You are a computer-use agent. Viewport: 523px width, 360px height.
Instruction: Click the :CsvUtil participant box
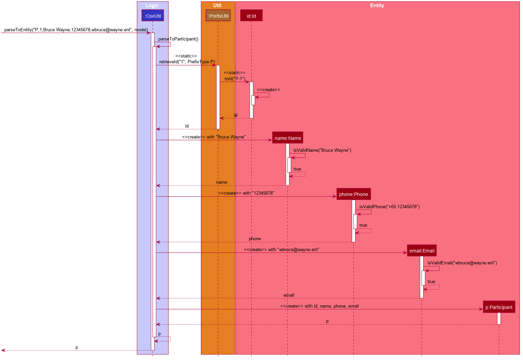(153, 15)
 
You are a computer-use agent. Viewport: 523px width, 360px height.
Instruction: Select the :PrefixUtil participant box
(218, 15)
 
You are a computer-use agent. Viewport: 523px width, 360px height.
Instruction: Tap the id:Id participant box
(252, 15)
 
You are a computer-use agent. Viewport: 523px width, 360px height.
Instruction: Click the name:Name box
(288, 138)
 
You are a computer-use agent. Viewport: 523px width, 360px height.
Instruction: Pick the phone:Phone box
(354, 194)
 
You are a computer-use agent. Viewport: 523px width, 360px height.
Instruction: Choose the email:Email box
(422, 251)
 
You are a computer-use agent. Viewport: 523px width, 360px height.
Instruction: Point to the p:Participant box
(500, 307)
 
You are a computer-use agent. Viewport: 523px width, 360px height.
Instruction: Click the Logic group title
(152, 5)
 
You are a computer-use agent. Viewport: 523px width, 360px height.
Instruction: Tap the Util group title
(217, 5)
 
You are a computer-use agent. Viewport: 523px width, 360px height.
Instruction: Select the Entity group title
(377, 5)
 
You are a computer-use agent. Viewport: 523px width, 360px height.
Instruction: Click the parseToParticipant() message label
(178, 39)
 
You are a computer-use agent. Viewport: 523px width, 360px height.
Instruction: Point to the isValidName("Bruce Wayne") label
(322, 150)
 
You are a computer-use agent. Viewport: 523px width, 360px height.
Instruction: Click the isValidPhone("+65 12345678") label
(390, 207)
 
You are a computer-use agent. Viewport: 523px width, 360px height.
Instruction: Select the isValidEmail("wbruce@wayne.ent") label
(462, 263)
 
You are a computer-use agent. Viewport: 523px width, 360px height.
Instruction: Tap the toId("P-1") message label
(235, 79)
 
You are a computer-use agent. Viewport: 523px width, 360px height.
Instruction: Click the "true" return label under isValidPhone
(364, 225)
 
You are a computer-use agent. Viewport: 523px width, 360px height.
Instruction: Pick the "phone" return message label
(255, 239)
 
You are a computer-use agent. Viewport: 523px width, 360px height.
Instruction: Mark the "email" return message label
(289, 295)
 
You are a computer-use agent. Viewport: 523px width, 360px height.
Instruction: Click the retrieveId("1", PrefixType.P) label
(187, 62)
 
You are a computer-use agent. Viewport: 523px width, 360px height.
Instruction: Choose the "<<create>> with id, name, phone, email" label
(320, 306)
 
